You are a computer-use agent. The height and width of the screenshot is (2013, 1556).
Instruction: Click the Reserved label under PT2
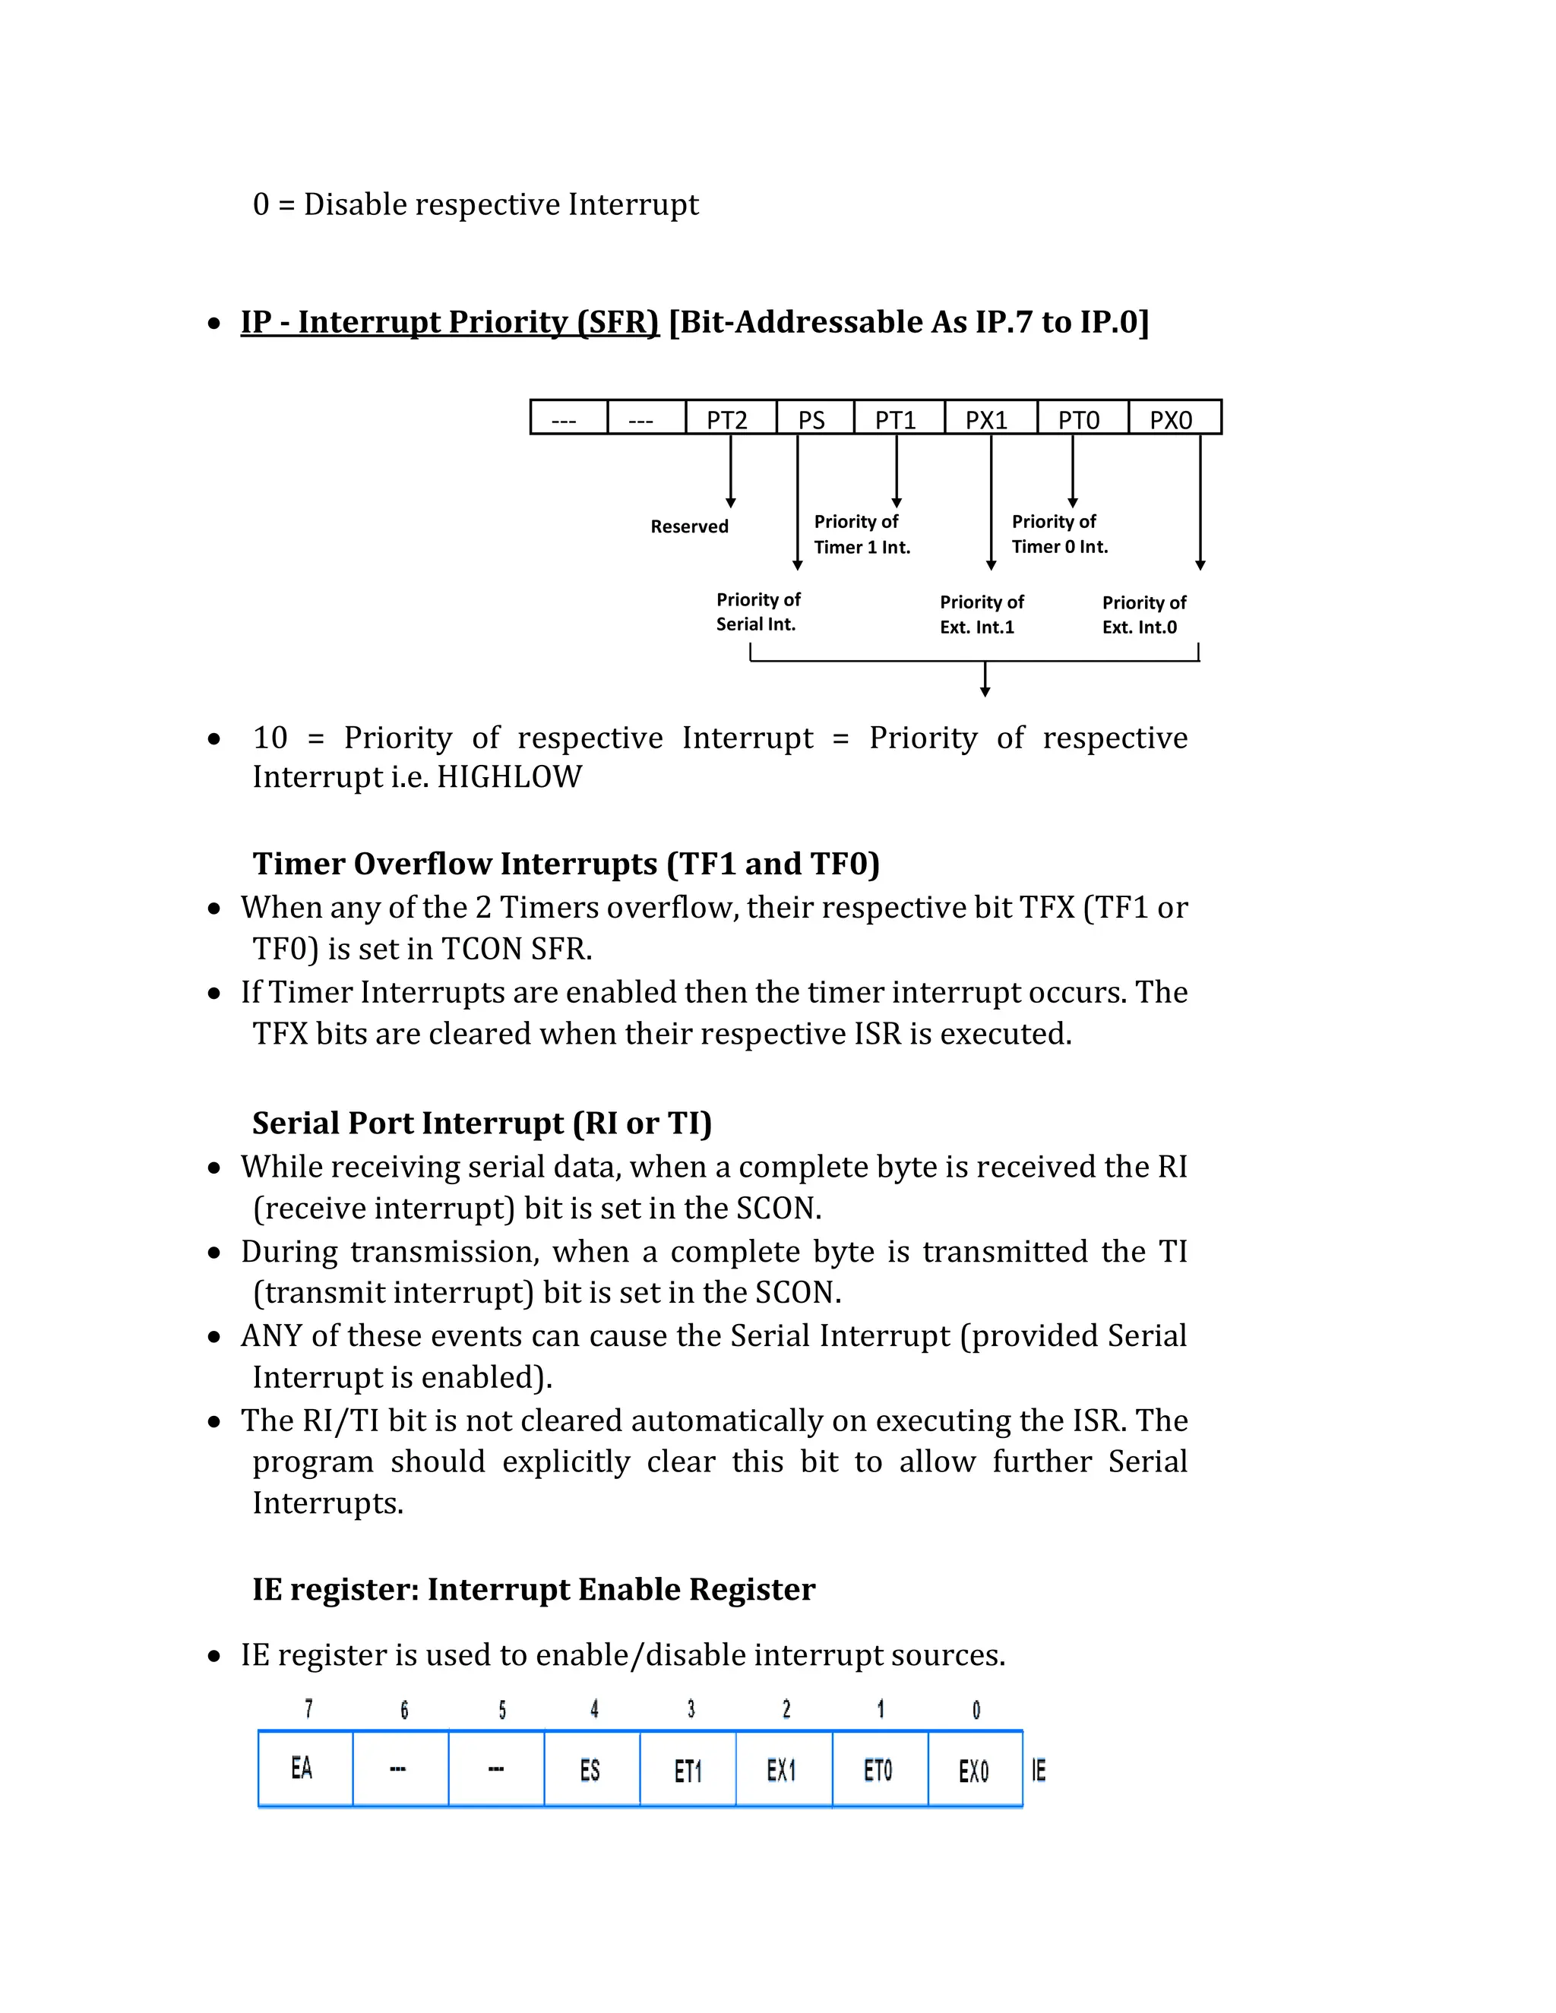pos(690,526)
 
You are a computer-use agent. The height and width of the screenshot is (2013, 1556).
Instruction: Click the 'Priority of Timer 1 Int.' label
pos(861,535)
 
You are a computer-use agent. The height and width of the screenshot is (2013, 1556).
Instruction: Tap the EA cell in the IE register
pos(303,1768)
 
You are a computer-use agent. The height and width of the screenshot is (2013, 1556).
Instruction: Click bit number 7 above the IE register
pos(308,1710)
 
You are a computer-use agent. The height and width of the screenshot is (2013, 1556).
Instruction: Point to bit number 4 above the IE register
pos(595,1710)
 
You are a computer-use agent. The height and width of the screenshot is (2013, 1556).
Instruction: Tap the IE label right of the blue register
pos(1039,1771)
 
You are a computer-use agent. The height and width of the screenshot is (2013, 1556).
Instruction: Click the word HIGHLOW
pos(509,777)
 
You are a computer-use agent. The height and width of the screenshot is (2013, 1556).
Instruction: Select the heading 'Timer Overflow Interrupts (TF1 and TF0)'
pos(566,864)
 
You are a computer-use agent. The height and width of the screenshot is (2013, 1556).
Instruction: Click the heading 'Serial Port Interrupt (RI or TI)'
pos(482,1123)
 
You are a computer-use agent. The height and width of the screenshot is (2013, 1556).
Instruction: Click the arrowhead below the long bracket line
pos(985,691)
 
